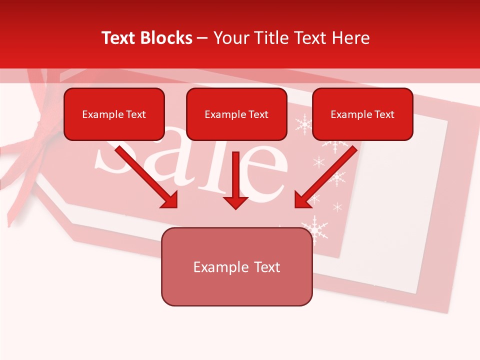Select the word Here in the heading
click(350, 38)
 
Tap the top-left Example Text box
click(114, 114)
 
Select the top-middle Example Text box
click(236, 114)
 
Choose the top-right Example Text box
click(362, 114)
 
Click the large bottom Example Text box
click(236, 267)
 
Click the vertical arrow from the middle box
click(236, 180)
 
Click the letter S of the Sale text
click(112, 160)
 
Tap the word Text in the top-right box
click(384, 114)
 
